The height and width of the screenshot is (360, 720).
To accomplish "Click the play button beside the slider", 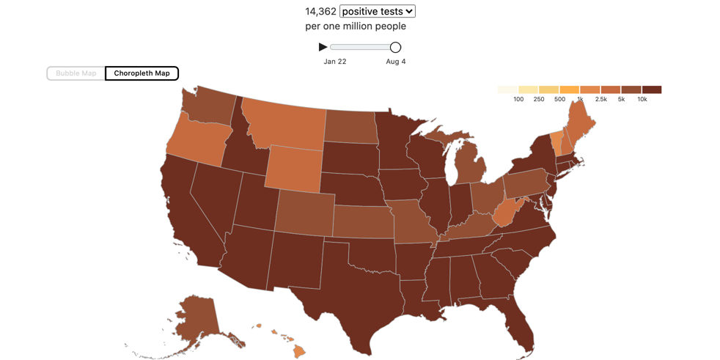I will click(323, 47).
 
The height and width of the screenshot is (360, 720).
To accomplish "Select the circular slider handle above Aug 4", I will click(395, 48).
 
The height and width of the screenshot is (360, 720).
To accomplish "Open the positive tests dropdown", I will click(378, 11).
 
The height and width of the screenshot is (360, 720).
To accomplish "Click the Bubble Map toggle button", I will click(76, 73).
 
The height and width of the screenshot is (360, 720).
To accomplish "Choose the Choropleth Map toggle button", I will click(142, 73).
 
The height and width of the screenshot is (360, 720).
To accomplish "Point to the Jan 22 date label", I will click(335, 62).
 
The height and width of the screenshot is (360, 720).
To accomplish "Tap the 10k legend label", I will click(642, 99).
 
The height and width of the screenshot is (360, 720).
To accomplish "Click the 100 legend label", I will click(518, 99).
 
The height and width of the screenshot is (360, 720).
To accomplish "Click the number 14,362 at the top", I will click(320, 11).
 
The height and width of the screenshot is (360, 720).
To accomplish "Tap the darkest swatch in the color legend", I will click(651, 89).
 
